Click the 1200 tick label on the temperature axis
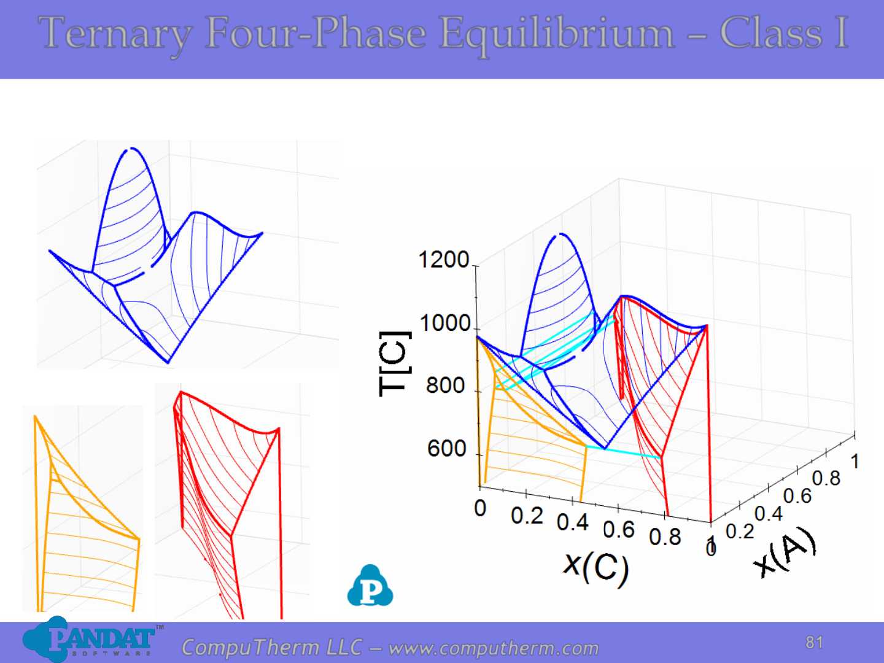point(443,259)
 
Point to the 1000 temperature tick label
point(445,323)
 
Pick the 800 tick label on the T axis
point(446,386)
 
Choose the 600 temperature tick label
point(446,448)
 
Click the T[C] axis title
point(395,364)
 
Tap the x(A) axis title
point(785,551)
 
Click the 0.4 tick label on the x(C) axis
point(573,522)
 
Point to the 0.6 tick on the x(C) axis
point(619,529)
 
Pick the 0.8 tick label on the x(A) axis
point(826,478)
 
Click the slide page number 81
point(814,643)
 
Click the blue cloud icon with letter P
point(370,586)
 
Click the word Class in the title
point(771,33)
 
